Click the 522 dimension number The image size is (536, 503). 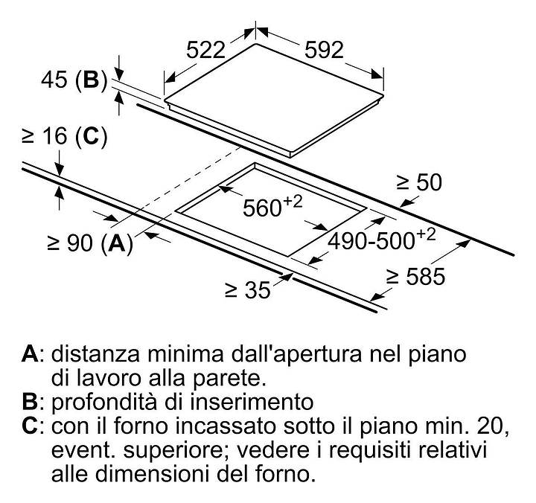click(205, 51)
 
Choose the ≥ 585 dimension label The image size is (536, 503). click(416, 278)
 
